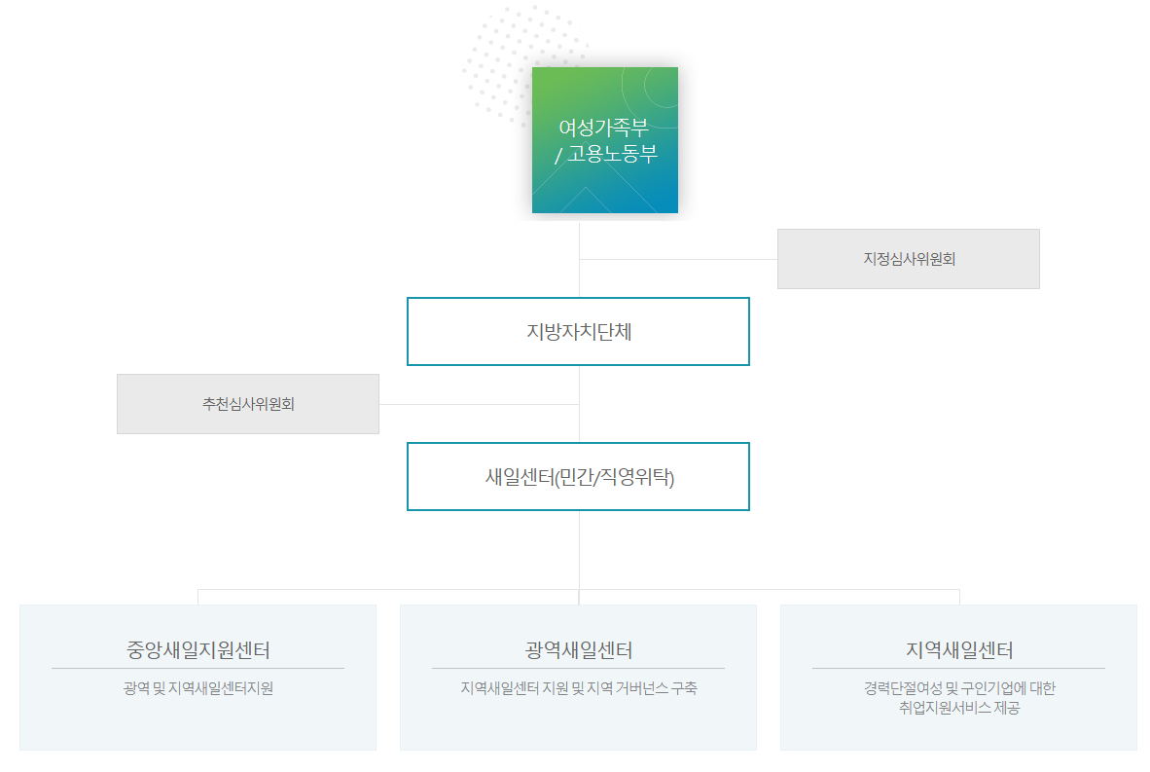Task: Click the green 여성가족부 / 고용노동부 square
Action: point(604,180)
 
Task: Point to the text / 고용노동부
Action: point(606,153)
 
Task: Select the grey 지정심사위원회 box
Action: point(908,259)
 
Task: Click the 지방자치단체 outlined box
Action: point(578,331)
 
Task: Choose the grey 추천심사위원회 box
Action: point(247,404)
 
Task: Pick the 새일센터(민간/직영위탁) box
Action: point(578,477)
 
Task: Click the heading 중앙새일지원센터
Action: point(198,650)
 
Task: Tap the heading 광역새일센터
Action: point(578,650)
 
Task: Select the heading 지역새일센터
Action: point(958,650)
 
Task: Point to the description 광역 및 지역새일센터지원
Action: point(198,688)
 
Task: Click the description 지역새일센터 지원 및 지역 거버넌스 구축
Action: point(578,688)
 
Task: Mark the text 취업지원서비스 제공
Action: point(958,709)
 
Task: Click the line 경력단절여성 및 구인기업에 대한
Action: point(958,688)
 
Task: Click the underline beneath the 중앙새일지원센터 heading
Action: point(198,669)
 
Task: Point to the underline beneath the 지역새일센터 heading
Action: point(958,669)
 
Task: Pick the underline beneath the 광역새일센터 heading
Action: point(578,669)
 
